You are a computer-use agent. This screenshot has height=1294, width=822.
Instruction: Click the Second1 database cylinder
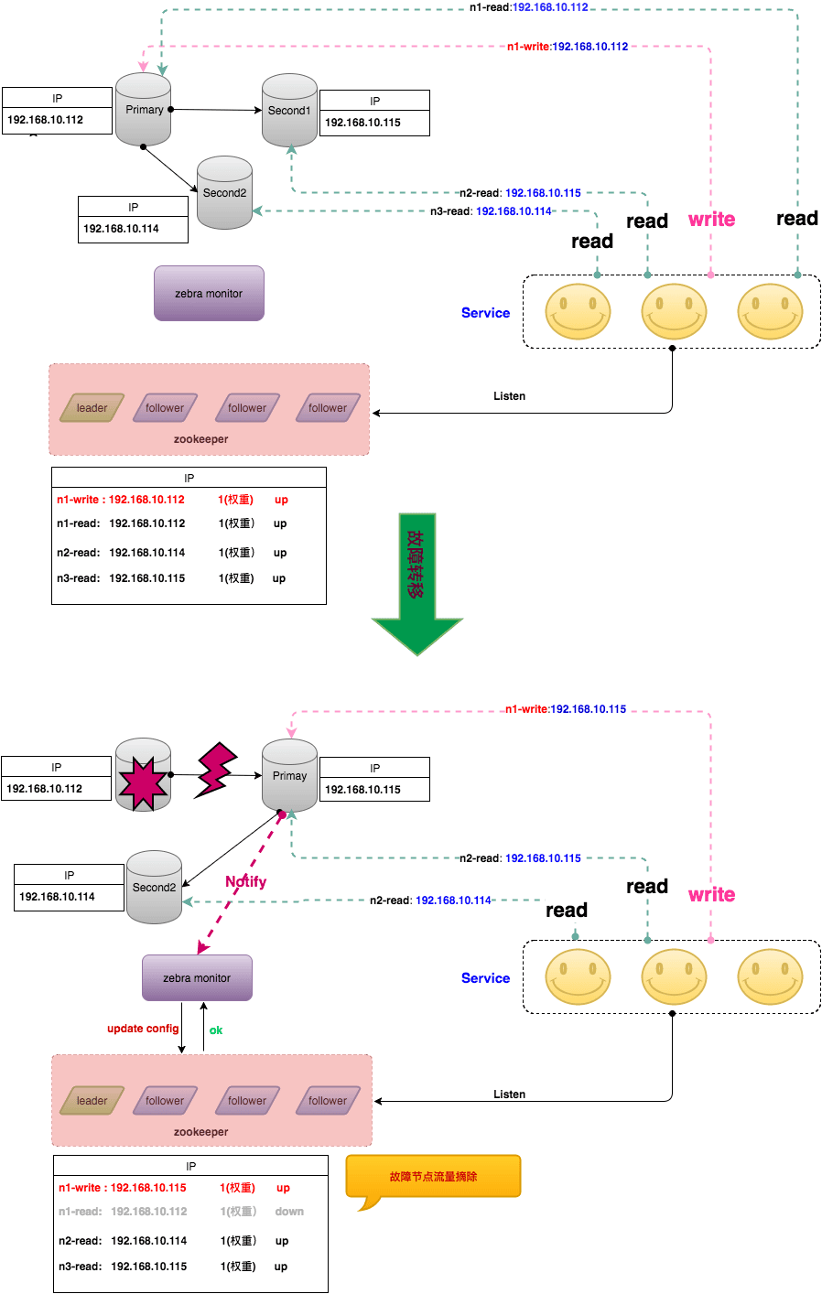(x=289, y=111)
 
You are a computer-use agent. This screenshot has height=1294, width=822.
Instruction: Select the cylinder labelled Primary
(x=144, y=110)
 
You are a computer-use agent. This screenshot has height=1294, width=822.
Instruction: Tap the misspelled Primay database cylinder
(x=289, y=776)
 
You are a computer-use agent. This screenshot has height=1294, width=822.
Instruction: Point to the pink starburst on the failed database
(x=143, y=782)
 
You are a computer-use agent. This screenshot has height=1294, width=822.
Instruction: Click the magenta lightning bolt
(x=216, y=771)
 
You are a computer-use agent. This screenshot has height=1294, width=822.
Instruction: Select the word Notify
(x=245, y=881)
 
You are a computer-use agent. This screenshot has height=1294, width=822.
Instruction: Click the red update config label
(x=143, y=1029)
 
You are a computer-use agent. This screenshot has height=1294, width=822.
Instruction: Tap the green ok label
(x=215, y=1030)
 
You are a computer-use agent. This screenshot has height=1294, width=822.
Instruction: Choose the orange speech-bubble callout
(x=433, y=1177)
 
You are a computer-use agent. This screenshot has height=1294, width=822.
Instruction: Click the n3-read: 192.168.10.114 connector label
(x=491, y=211)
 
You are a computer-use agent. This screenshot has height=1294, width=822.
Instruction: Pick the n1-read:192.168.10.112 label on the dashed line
(x=528, y=7)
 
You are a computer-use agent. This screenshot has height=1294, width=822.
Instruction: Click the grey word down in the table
(x=289, y=1212)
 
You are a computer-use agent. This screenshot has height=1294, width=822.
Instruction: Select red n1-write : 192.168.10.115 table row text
(x=123, y=1188)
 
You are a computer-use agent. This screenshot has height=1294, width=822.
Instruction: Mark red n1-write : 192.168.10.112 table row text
(x=121, y=500)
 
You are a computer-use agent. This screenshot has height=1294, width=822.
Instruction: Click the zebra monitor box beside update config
(x=197, y=978)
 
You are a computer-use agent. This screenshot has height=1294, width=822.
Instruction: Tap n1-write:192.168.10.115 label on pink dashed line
(x=566, y=709)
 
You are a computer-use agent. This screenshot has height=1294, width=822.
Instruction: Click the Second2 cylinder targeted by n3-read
(x=225, y=193)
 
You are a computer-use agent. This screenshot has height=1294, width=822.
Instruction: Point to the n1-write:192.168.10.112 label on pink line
(x=568, y=47)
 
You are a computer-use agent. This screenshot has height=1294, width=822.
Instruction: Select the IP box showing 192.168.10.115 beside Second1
(x=374, y=113)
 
